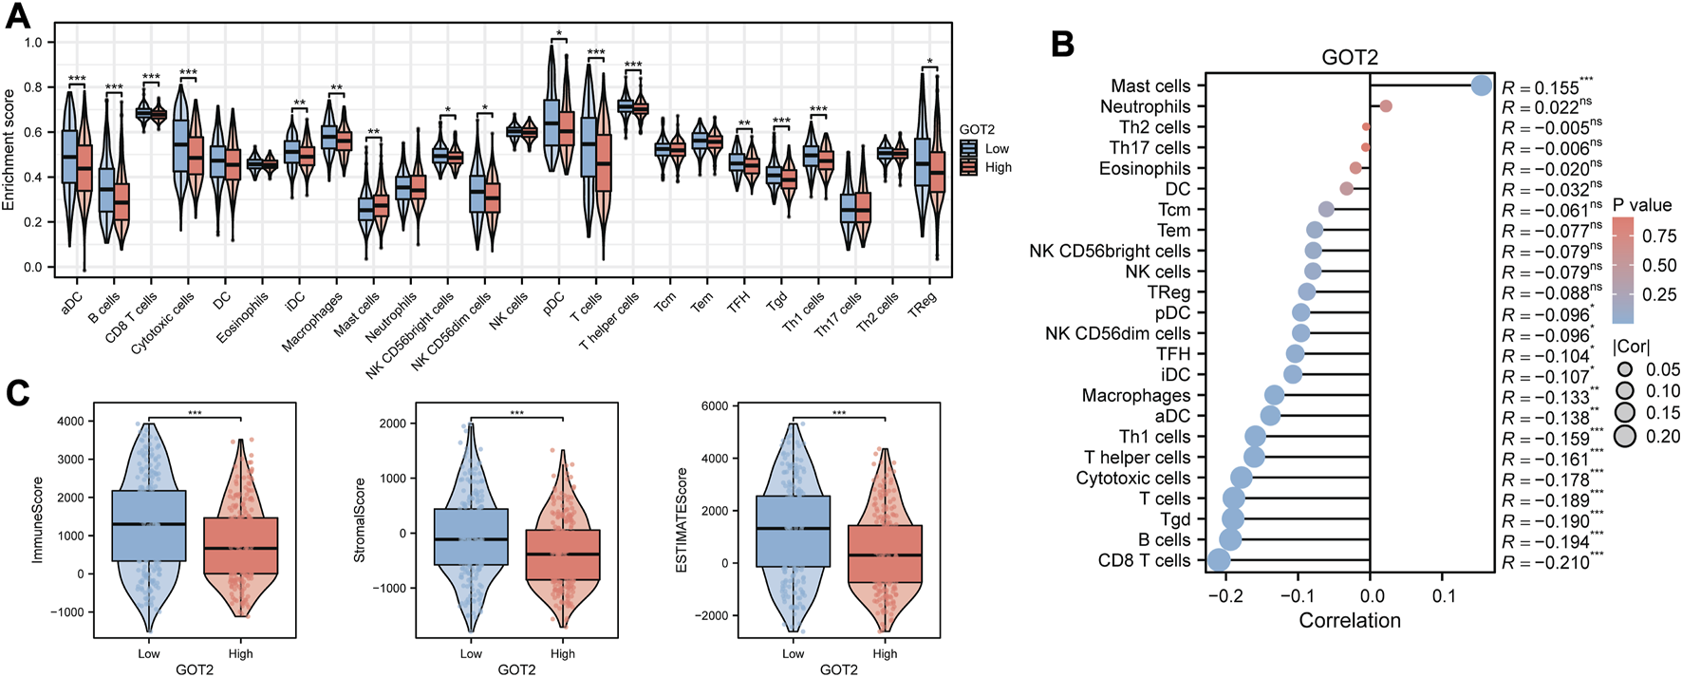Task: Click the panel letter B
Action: click(x=1062, y=44)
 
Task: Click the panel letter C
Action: click(x=17, y=393)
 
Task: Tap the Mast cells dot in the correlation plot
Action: click(x=1481, y=85)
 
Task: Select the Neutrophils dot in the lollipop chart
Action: click(x=1386, y=106)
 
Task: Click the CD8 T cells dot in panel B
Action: click(x=1219, y=560)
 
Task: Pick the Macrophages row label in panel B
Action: click(x=1135, y=395)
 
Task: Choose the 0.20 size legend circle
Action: click(x=1625, y=437)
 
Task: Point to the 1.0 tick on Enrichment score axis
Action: click(x=33, y=43)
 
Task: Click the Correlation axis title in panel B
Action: click(x=1349, y=620)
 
